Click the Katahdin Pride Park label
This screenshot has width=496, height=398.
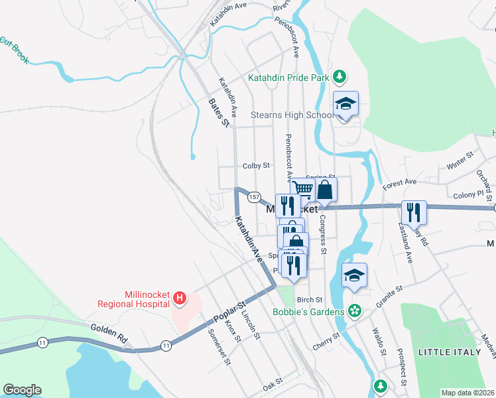tap(288, 78)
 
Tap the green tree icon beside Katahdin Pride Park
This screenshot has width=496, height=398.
tap(339, 77)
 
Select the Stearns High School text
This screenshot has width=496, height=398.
tap(292, 115)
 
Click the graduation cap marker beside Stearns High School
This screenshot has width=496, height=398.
tap(345, 104)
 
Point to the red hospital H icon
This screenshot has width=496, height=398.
tap(178, 300)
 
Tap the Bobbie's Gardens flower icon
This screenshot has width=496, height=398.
tap(355, 310)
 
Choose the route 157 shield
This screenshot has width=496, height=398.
tap(253, 197)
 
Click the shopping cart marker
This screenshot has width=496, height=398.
tap(303, 190)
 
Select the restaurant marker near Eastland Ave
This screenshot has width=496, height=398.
tap(414, 213)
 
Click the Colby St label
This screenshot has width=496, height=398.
tap(257, 165)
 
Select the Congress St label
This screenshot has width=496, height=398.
tap(323, 234)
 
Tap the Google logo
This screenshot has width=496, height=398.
tap(22, 390)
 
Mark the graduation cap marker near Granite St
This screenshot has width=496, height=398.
tap(355, 276)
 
